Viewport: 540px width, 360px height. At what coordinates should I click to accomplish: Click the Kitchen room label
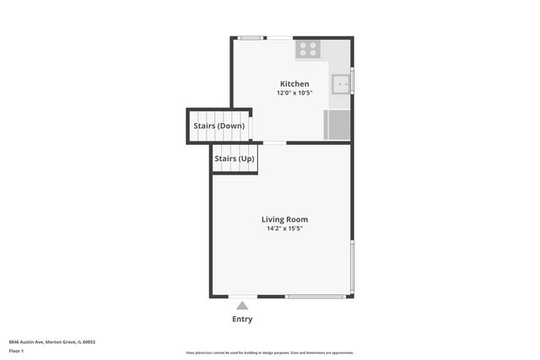coord(294,83)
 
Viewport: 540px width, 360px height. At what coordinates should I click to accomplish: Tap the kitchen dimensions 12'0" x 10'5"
coord(294,93)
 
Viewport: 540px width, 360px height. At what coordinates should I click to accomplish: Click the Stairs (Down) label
coord(219,126)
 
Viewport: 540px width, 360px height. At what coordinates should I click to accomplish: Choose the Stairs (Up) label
coord(234,159)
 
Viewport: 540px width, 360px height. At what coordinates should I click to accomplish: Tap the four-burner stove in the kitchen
coord(307,49)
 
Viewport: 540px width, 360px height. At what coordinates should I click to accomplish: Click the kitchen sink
coord(340,84)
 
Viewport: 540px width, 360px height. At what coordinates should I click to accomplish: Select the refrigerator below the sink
coord(337,125)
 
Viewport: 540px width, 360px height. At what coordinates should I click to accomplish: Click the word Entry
coord(242,320)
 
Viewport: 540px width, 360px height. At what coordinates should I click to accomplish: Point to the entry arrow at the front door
coord(242,305)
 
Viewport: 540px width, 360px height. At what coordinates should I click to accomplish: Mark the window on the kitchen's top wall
coord(250,37)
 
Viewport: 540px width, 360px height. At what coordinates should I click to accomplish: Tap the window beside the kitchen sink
coord(352,82)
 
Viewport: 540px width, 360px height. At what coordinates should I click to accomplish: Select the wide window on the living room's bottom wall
coord(314,297)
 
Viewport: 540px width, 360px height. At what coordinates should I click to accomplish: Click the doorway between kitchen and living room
coord(275,142)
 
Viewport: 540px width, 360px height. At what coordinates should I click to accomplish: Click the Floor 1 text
coord(16,351)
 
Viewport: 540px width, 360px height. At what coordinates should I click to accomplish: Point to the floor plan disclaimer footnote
coord(269,352)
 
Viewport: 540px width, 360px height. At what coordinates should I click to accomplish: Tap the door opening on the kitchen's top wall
coord(279,37)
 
